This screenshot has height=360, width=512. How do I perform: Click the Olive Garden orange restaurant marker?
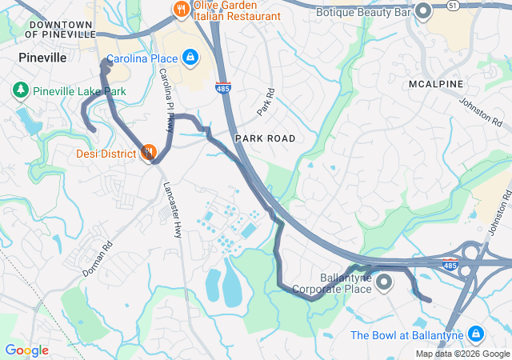pos(180,10)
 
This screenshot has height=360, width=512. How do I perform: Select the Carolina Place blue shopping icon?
pos(190,58)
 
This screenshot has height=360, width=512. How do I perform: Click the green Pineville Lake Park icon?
pos(19,91)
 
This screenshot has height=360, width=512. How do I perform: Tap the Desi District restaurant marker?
pos(148,152)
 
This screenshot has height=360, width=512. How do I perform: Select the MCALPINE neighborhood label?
pos(433,84)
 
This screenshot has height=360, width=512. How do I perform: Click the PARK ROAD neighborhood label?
pos(265,138)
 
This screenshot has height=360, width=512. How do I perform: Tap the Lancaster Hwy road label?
pos(172,210)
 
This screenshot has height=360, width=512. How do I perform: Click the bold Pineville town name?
pos(42,58)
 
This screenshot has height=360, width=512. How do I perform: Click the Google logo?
pos(26,350)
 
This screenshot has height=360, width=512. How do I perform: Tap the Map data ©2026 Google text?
pos(462,354)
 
